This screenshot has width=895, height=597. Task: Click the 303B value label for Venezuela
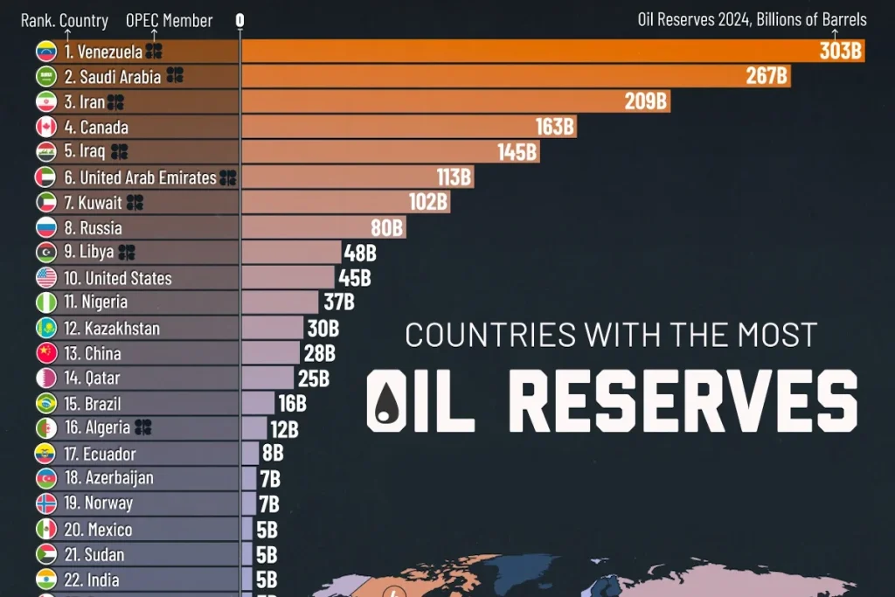[x=841, y=52]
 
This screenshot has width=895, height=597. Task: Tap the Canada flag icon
[x=46, y=128]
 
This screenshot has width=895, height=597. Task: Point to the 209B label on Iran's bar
[x=646, y=102]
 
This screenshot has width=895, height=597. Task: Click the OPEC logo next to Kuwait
[x=135, y=203]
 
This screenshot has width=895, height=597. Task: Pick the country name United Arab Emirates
[x=148, y=177]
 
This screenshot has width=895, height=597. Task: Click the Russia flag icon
[x=46, y=228]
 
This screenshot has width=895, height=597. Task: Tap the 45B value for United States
[x=355, y=279]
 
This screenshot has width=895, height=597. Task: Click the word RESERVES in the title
[x=682, y=399]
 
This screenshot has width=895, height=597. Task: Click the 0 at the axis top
[x=240, y=20]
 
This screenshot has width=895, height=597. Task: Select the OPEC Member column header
[x=169, y=20]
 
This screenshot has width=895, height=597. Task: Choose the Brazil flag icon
[x=46, y=404]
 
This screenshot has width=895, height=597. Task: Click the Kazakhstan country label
[x=122, y=330]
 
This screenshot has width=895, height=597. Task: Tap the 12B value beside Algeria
[x=283, y=429]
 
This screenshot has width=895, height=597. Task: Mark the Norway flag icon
[x=46, y=503]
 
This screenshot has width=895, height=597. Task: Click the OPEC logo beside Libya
[x=127, y=253]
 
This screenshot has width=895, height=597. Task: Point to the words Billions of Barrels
[x=814, y=19]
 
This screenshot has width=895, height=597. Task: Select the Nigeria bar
[x=280, y=302]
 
